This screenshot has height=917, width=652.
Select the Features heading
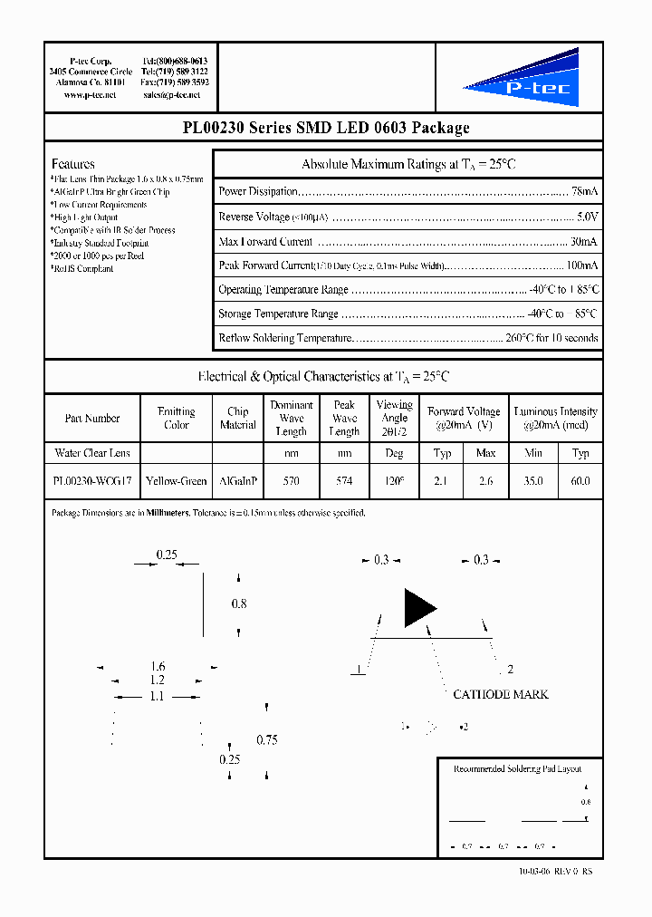[73, 164]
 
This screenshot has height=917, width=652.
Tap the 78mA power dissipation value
[584, 192]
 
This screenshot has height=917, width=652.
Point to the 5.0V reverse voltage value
[587, 217]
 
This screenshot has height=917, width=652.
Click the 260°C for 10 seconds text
[551, 338]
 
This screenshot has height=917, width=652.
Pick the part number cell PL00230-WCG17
[92, 481]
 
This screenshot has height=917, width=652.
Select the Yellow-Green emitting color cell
[176, 481]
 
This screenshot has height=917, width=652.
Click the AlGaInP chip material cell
[238, 481]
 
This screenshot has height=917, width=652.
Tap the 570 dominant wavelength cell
[291, 481]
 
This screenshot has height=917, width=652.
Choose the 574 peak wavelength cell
[344, 481]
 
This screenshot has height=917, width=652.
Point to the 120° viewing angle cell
[394, 481]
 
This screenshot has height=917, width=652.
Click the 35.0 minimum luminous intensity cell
[533, 481]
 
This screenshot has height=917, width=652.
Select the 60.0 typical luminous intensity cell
[580, 481]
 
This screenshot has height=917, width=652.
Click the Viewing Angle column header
[394, 418]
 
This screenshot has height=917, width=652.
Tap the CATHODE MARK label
[500, 694]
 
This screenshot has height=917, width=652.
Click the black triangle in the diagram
[418, 608]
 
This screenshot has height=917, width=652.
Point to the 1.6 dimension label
[158, 667]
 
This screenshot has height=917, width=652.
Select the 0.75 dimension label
[266, 740]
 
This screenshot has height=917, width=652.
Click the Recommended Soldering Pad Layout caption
[517, 768]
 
